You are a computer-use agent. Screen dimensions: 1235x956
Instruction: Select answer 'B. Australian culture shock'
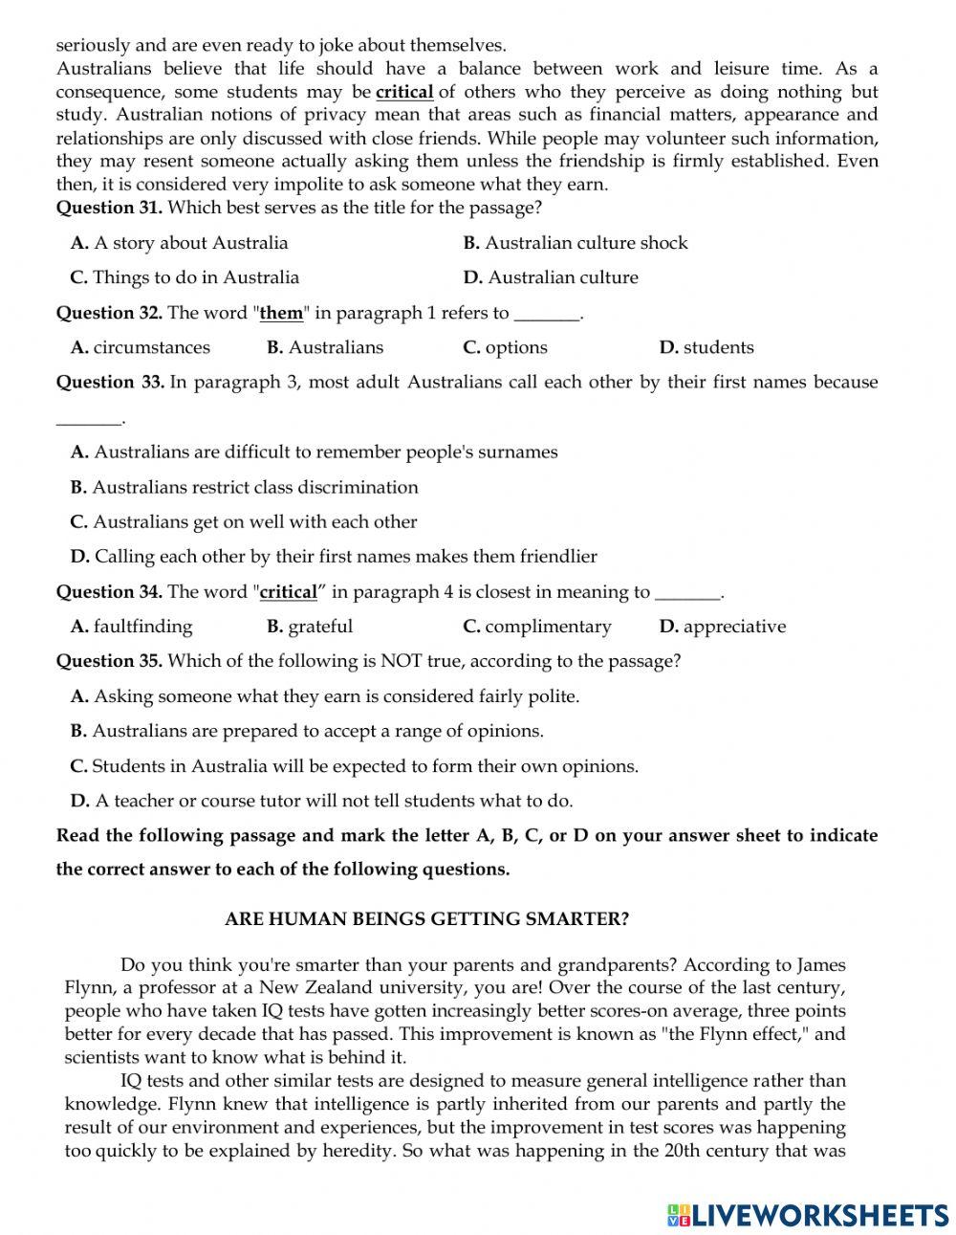(x=575, y=243)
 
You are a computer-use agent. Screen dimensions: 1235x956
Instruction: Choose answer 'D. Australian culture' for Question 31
(x=550, y=277)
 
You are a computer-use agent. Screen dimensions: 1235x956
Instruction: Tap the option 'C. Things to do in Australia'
(x=185, y=277)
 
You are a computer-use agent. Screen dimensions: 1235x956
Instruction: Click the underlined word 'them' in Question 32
(x=281, y=313)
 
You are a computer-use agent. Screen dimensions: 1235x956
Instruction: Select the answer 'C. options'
(x=505, y=347)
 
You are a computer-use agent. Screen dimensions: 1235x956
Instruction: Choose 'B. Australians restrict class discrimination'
(x=244, y=487)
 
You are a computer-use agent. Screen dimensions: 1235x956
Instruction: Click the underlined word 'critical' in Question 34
(x=288, y=592)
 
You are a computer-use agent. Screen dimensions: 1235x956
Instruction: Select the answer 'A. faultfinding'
(x=131, y=627)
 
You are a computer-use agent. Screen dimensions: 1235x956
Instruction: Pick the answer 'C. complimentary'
(x=536, y=627)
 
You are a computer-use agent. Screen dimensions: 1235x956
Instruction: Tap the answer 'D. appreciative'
(x=722, y=627)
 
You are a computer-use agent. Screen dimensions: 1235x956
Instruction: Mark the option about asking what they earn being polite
(x=325, y=696)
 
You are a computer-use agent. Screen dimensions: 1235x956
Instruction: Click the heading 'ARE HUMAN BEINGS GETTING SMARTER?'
(x=426, y=919)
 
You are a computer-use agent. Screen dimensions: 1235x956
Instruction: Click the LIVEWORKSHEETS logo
(x=808, y=1215)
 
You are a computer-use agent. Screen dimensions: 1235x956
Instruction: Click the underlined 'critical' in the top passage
(x=404, y=93)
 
